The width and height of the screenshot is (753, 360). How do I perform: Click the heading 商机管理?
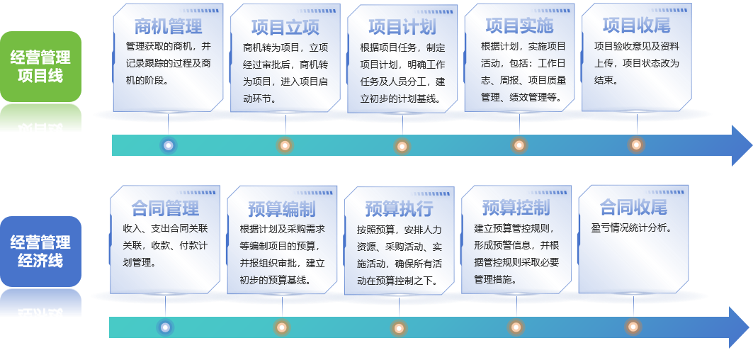pyautogui.click(x=168, y=26)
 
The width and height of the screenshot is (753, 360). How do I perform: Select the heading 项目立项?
pyautogui.click(x=285, y=28)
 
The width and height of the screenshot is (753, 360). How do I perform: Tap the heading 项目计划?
pyautogui.click(x=402, y=28)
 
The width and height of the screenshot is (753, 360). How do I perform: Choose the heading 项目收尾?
pyautogui.click(x=636, y=26)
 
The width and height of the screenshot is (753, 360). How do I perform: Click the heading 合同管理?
pyautogui.click(x=165, y=208)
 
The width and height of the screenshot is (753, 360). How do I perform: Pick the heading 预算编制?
pyautogui.click(x=282, y=209)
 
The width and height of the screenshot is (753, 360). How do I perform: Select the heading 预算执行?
pyautogui.click(x=399, y=209)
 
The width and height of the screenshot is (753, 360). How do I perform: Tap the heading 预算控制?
pyautogui.click(x=516, y=208)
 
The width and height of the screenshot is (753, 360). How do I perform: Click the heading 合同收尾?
pyautogui.click(x=633, y=208)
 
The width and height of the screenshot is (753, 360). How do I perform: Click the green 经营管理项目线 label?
pyautogui.click(x=40, y=67)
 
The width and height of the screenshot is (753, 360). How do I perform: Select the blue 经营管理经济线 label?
pyautogui.click(x=40, y=252)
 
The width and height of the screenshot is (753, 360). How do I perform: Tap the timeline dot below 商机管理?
pyautogui.click(x=168, y=145)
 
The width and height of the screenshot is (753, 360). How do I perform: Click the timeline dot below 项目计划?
pyautogui.click(x=402, y=146)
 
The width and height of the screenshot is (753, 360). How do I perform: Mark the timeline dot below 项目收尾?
pyautogui.click(x=636, y=145)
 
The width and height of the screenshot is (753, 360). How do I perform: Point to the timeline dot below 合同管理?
pyautogui.click(x=165, y=327)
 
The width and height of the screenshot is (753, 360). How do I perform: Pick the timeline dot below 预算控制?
pyautogui.click(x=516, y=327)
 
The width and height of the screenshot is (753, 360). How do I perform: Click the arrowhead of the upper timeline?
pyautogui.click(x=741, y=145)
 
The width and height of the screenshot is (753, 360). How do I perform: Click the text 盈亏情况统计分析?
pyautogui.click(x=631, y=229)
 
